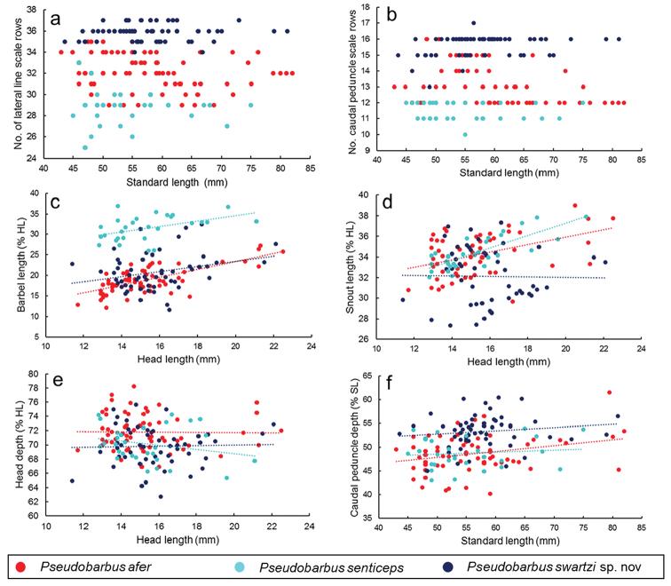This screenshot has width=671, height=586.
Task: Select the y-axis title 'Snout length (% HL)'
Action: point(358,267)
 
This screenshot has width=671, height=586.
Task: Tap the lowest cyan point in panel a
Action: point(85,147)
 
